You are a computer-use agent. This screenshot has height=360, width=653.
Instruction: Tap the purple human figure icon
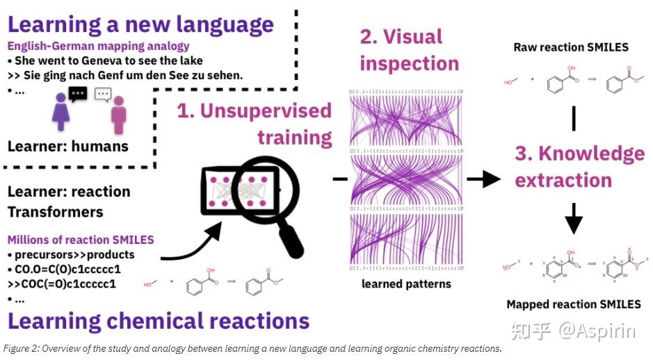61,113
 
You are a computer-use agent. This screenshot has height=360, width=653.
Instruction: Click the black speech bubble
78,93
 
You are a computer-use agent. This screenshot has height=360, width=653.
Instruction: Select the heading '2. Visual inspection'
409,49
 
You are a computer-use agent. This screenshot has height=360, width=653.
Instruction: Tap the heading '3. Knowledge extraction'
579,167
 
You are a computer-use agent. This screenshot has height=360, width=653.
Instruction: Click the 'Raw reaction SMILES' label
570,47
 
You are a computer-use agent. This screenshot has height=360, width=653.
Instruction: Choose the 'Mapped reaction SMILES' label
574,304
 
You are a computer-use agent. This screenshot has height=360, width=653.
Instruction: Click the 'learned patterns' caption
406,284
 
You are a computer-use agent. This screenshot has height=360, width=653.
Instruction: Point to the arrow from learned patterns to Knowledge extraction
483,179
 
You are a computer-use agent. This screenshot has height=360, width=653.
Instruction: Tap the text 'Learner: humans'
67,146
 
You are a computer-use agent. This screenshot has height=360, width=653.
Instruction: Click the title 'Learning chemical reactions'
159,321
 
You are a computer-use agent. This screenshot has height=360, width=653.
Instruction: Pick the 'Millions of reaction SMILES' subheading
81,239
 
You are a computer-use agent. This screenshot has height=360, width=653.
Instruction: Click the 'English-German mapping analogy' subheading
99,47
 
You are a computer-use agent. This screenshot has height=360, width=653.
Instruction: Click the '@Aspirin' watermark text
596,332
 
